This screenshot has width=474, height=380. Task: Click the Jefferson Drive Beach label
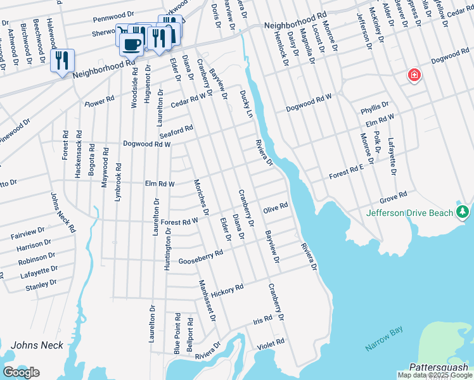tap(409, 213)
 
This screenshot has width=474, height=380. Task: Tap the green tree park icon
tap(464, 212)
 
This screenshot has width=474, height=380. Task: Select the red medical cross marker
tap(414, 75)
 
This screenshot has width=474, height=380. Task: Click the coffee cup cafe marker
tap(131, 45)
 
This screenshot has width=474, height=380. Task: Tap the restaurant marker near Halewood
tap(62, 61)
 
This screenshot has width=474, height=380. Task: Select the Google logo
tap(21, 372)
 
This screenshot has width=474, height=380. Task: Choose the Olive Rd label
tap(276, 207)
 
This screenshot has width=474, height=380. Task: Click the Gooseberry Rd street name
tap(201, 256)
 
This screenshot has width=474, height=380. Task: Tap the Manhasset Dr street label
tap(207, 300)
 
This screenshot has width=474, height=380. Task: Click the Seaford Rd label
tap(176, 132)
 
